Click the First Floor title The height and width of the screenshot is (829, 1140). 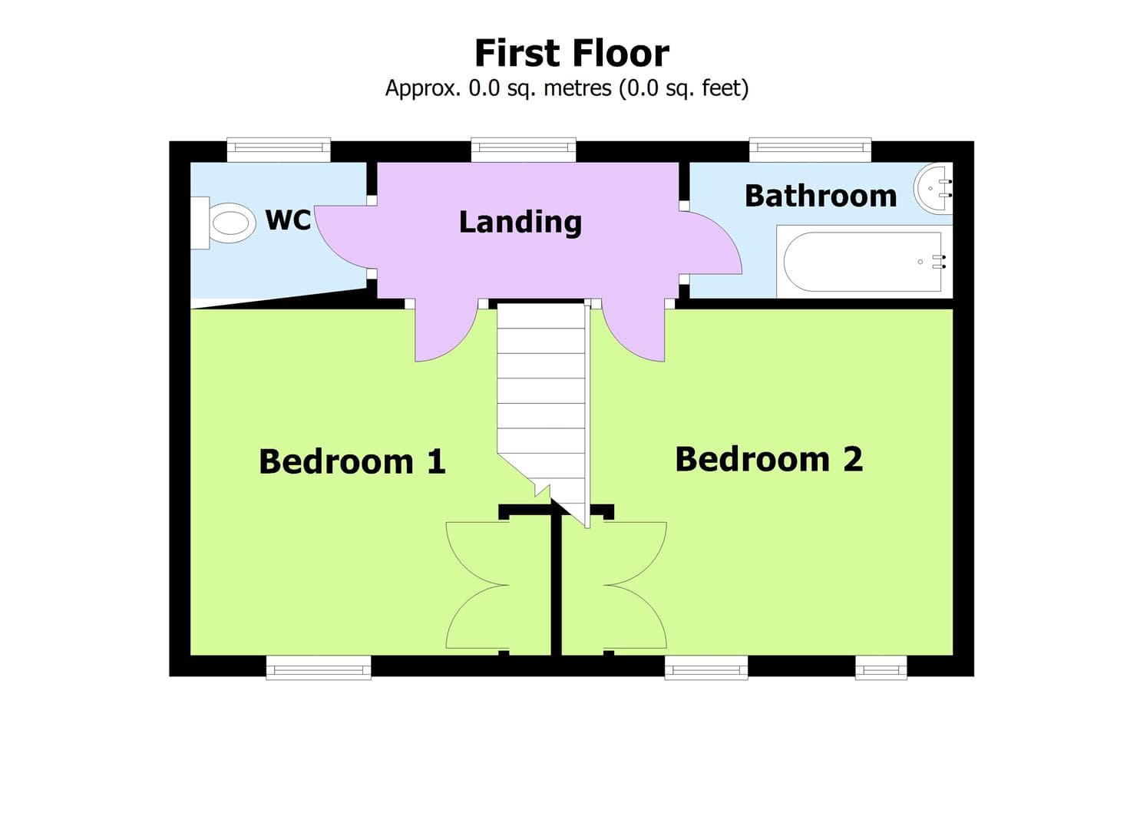click(x=571, y=54)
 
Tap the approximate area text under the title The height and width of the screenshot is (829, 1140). click(x=567, y=88)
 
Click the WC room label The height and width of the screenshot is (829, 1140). click(x=287, y=220)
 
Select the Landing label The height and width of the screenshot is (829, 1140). click(x=520, y=222)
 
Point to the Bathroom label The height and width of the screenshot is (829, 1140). click(x=820, y=196)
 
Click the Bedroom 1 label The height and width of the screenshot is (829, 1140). click(x=352, y=461)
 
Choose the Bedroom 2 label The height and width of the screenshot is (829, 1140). click(x=768, y=459)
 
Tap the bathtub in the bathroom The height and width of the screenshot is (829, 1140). click(x=862, y=262)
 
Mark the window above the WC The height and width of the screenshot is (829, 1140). click(x=279, y=150)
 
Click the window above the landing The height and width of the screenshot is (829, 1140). click(x=523, y=150)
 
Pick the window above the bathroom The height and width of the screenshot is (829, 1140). click(x=810, y=150)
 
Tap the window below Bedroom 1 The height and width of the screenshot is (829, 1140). click(x=319, y=667)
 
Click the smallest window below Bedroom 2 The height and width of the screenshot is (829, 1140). click(x=881, y=667)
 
